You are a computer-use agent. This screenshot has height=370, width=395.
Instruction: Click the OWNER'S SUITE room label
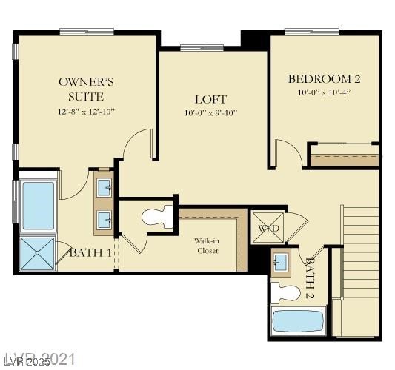click(x=86, y=89)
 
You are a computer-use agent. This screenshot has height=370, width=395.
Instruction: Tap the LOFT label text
click(x=210, y=99)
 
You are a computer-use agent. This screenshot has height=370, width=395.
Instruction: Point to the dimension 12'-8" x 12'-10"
click(x=86, y=111)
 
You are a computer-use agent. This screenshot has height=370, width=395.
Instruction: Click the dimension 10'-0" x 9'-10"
click(x=210, y=113)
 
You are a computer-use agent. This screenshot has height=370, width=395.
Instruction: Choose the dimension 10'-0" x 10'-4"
click(x=324, y=93)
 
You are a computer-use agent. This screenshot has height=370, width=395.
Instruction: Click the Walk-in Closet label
click(x=208, y=246)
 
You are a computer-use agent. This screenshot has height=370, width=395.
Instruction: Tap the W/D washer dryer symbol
click(x=268, y=228)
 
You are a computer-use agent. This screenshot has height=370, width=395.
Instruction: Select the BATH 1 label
click(x=90, y=253)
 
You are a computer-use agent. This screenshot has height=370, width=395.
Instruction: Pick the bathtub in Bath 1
click(x=38, y=205)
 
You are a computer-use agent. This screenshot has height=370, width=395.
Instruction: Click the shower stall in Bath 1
click(x=37, y=252)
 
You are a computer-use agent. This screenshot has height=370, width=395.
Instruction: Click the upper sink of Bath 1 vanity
click(x=104, y=186)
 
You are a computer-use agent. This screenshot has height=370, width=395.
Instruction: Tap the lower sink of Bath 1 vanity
click(x=104, y=218)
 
